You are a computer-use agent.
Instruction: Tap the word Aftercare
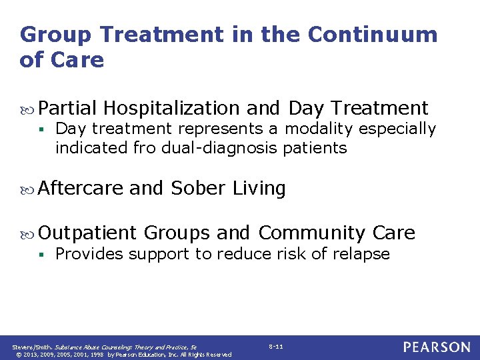pos(80,189)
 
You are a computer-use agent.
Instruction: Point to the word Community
pos(311,233)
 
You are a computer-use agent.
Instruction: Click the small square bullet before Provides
pos(41,255)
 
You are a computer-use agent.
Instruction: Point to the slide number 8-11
pos(276,347)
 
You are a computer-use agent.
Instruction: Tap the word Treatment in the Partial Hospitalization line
pos(379,107)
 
